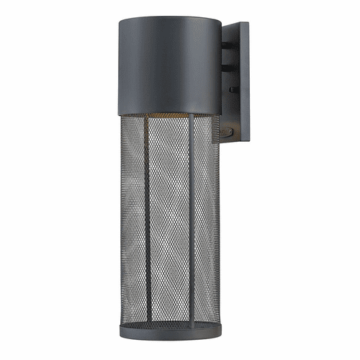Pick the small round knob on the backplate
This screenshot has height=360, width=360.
point(231,89)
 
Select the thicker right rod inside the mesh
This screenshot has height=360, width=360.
point(192,230)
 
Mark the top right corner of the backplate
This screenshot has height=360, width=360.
point(248,22)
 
